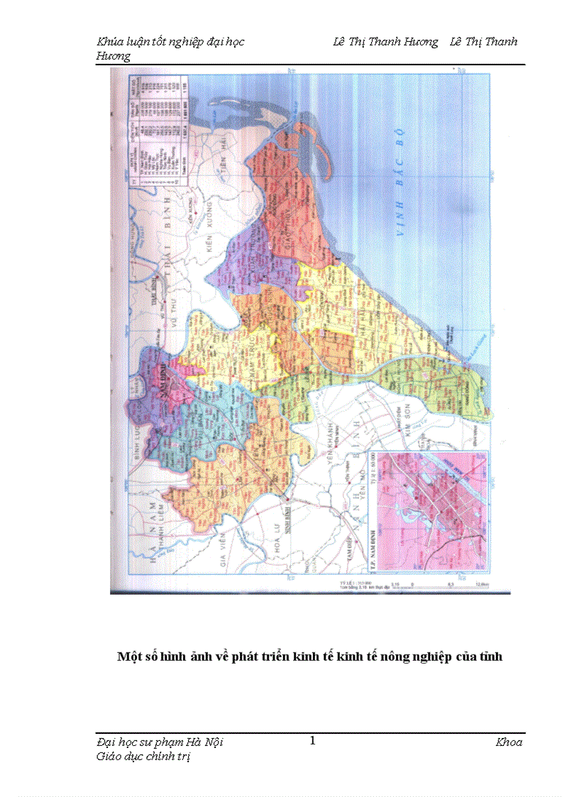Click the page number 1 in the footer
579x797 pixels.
click(312, 741)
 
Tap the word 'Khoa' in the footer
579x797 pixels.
click(509, 742)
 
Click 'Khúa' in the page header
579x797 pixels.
click(109, 42)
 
